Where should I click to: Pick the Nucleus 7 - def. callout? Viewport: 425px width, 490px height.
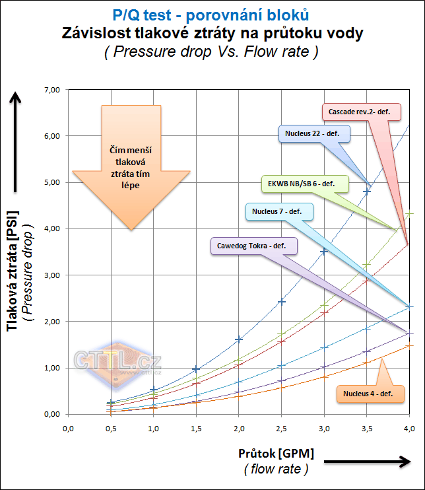pos(278,212)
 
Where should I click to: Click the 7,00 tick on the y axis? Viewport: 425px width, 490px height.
pos(51,90)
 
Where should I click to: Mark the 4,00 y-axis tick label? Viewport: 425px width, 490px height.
pos(51,228)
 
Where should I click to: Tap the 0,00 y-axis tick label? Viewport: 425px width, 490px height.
pos(51,414)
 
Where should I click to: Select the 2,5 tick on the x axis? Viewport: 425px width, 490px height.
pos(281,429)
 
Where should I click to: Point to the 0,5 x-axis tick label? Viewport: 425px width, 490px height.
pos(111,429)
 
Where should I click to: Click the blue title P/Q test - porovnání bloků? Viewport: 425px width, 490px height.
pos(212,14)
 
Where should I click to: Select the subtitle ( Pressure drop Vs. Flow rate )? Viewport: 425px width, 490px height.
pos(212,52)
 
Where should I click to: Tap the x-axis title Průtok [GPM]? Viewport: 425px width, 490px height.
pos(276,454)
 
